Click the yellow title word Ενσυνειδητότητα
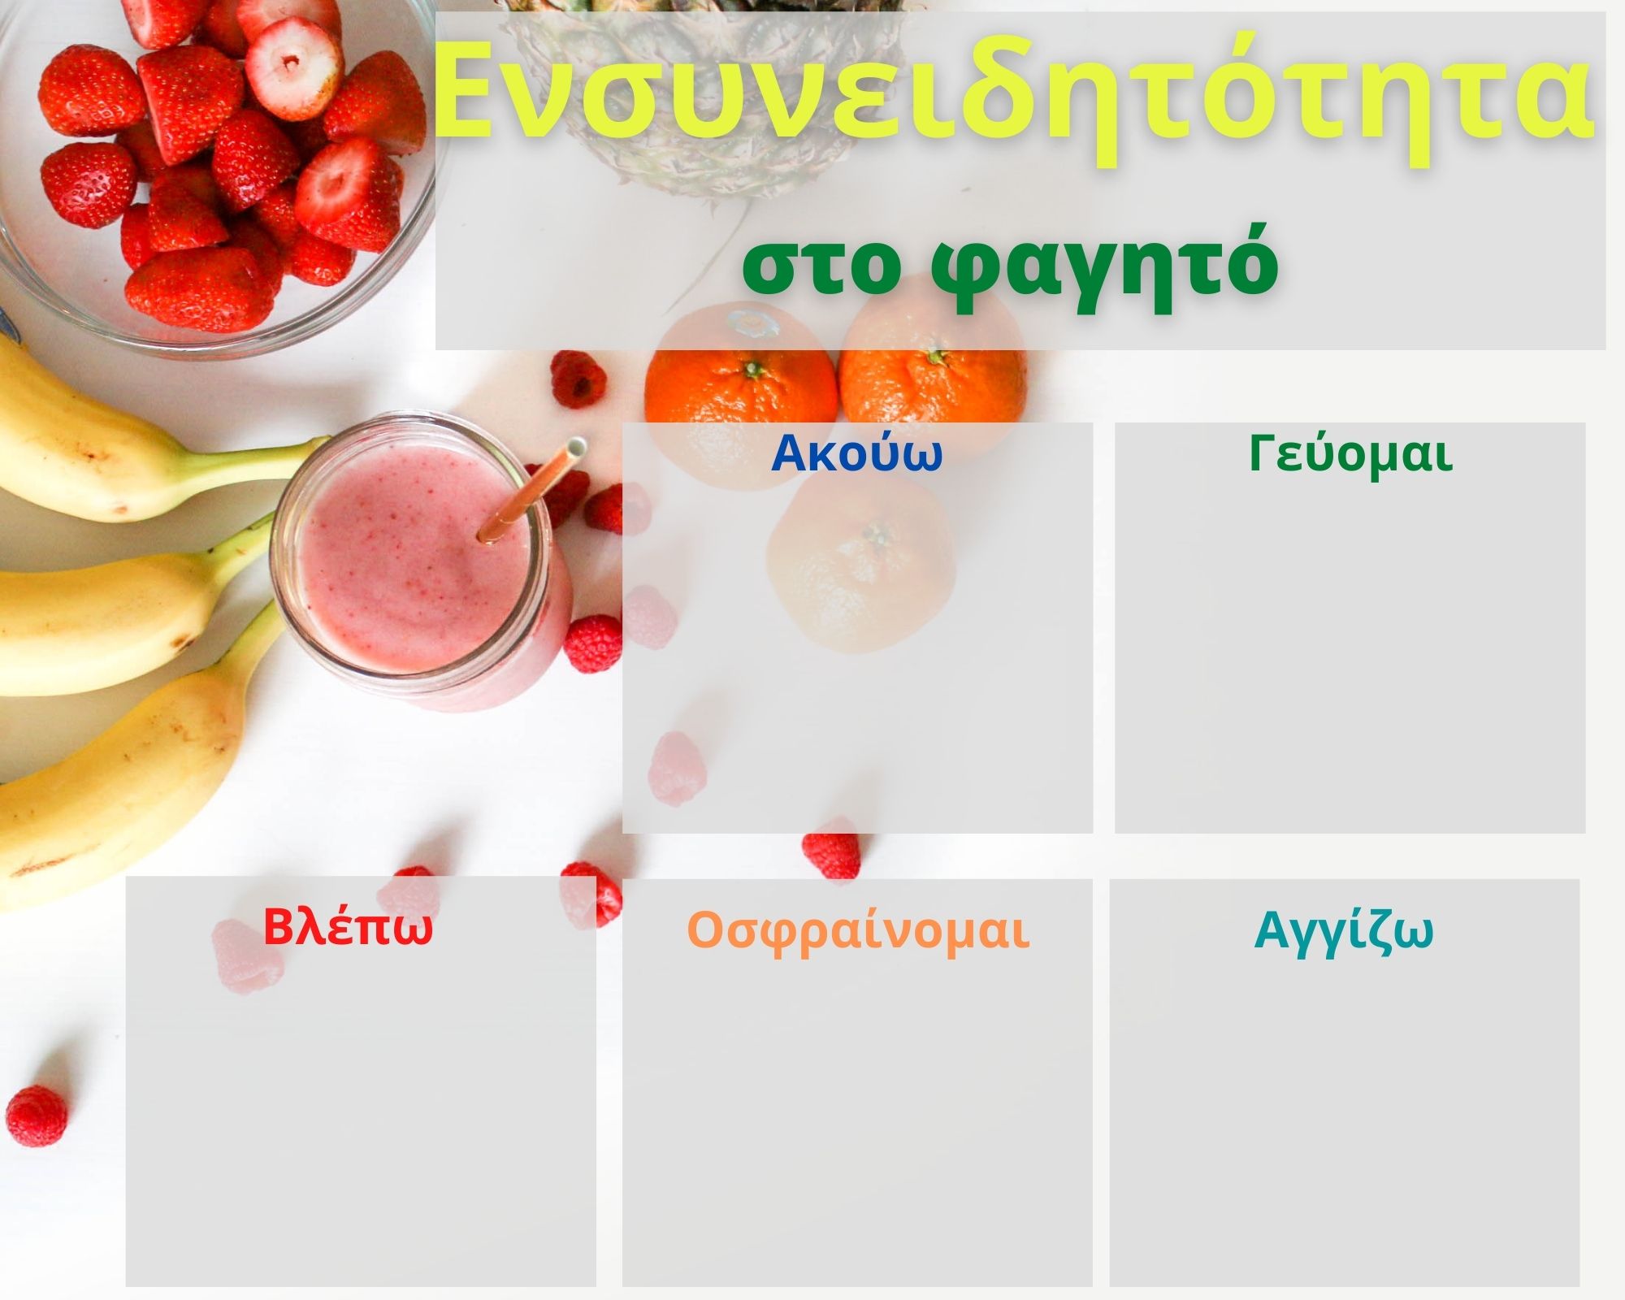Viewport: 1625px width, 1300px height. coord(1014,96)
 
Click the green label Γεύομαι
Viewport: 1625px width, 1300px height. coord(1350,455)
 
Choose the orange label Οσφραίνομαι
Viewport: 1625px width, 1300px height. coord(858,931)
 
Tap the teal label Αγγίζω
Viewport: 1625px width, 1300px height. coord(1344,932)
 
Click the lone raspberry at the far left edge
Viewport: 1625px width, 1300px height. coord(37,1116)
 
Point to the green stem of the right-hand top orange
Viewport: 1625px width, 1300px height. coord(937,357)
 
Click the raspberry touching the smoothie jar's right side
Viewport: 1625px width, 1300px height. coord(592,643)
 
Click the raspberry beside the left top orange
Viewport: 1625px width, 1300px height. coord(578,379)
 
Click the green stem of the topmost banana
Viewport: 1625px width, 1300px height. coord(268,461)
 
